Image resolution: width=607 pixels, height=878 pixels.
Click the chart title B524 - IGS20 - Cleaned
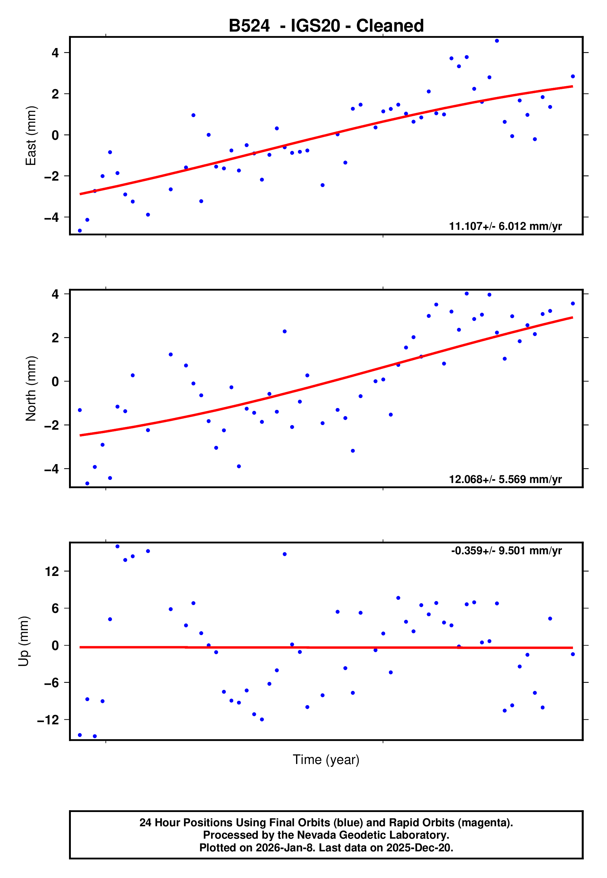pos(326,26)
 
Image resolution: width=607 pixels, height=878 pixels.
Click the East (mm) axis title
pos(30,136)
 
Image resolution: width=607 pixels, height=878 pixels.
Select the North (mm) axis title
pos(30,389)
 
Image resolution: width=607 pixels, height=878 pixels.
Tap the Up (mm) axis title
pos(24,641)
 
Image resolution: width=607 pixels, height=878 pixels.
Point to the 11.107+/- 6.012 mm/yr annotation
pos(505,226)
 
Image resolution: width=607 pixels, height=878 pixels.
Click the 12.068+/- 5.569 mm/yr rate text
pos(505,479)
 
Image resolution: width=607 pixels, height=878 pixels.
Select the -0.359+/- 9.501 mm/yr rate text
pos(506,551)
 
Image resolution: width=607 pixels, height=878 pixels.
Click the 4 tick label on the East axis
pos(55,53)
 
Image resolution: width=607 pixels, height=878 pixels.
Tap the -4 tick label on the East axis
pos(52,217)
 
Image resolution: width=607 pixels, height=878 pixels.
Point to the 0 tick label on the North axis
pos(55,381)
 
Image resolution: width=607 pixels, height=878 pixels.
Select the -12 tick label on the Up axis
pos(48,720)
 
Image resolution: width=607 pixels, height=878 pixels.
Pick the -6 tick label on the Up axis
pos(52,683)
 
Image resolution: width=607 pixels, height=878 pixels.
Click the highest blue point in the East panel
pos(497,41)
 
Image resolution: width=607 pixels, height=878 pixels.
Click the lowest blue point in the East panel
pos(80,231)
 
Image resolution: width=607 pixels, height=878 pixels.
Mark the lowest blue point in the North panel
pos(87,484)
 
